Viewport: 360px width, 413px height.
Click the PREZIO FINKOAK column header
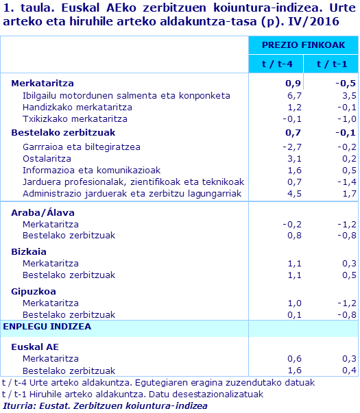coord(302,45)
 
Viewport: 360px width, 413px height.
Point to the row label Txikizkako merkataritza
coord(75,119)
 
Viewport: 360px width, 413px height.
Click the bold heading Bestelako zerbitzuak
coord(63,132)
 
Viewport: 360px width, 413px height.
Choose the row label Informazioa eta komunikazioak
coord(91,170)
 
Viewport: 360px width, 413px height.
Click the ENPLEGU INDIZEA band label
coord(47,326)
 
